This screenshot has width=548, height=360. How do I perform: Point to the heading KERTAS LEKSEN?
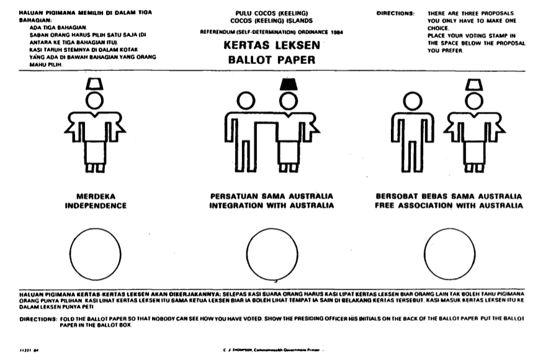tap(272, 47)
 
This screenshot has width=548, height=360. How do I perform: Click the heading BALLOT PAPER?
tap(272, 60)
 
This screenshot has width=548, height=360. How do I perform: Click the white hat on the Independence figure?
tap(95, 84)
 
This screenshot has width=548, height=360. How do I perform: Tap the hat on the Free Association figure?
tap(474, 84)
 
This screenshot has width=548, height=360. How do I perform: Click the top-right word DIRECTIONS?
tap(395, 12)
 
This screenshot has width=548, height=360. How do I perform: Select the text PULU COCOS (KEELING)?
tap(272, 13)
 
